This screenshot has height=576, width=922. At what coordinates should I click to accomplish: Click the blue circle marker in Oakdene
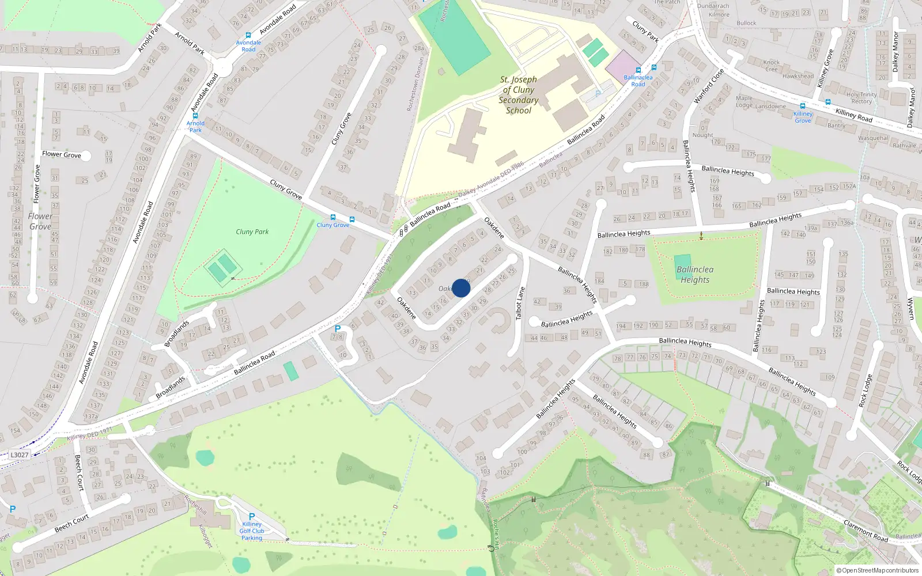pos(461,288)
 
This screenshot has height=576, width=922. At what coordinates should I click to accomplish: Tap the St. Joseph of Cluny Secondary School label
pos(518,95)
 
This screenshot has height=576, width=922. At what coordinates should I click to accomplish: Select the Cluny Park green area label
pos(252,232)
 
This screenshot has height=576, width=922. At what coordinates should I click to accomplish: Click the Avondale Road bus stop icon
pos(248,35)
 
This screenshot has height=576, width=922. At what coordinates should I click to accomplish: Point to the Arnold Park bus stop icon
pos(195,116)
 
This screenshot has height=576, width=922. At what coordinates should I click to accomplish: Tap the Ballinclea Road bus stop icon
pos(638,70)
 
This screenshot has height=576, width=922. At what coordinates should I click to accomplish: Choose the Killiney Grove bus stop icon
pos(803,106)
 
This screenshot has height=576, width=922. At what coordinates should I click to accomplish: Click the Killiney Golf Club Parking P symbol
pos(251,517)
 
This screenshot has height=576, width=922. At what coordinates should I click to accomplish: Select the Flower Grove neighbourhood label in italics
pos(40,221)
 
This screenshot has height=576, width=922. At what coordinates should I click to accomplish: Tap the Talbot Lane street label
pos(520,304)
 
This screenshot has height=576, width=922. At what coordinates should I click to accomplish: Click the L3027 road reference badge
pos(19,455)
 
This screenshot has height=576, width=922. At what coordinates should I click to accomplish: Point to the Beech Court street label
pos(79,472)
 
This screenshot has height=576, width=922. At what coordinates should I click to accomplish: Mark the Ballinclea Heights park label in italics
pos(695,274)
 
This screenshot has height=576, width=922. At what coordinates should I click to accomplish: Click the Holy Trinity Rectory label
pos(861,98)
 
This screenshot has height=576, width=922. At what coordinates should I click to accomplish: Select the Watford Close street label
pos(708,86)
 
